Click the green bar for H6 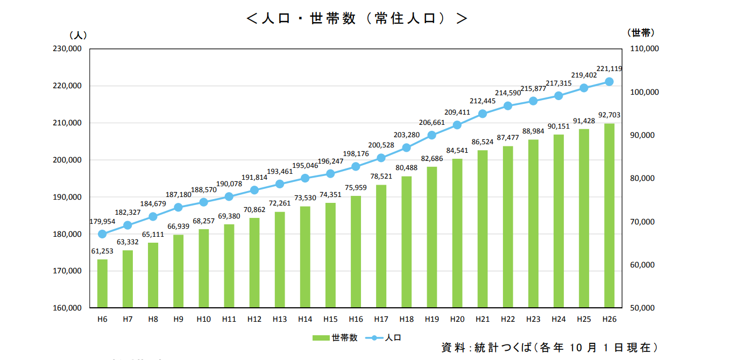(102, 284)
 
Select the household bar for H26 (609, 216)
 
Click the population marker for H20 (457, 125)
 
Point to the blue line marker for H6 (102, 234)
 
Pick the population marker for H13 (280, 184)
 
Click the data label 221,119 (609, 68)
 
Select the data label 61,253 (102, 251)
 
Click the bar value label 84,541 (457, 151)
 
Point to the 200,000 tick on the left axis (68, 160)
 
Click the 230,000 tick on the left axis (68, 49)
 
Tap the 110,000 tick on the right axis (643, 49)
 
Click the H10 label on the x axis (203, 319)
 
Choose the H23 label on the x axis (533, 319)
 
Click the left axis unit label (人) (78, 35)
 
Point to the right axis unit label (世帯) (640, 33)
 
